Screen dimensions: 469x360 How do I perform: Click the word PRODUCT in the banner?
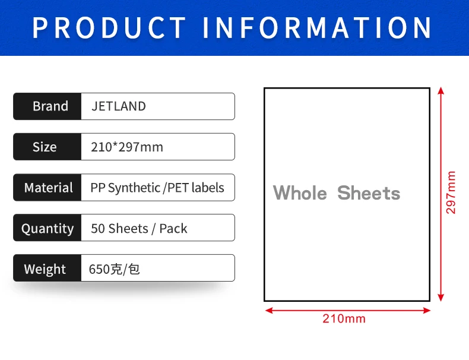click(x=109, y=27)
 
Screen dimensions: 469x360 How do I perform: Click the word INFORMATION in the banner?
click(x=317, y=27)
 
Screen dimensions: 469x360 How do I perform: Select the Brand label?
click(x=50, y=106)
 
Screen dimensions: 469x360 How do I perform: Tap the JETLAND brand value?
click(x=119, y=106)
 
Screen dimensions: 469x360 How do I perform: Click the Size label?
click(x=45, y=147)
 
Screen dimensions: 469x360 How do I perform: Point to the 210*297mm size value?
click(x=127, y=147)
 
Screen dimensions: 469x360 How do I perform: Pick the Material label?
click(x=49, y=188)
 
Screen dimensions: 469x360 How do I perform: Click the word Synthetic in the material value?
click(x=134, y=188)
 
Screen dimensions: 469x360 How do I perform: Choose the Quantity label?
click(x=47, y=229)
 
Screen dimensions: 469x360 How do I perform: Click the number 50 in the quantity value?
click(x=98, y=229)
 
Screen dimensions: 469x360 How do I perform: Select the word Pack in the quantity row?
click(x=173, y=229)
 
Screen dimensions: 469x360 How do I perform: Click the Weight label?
click(x=45, y=269)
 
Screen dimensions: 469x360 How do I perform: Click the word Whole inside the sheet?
click(x=300, y=192)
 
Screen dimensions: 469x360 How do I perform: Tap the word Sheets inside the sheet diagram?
click(x=369, y=192)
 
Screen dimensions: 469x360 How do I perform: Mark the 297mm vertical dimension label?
click(x=451, y=192)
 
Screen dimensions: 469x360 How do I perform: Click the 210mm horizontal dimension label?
click(x=344, y=318)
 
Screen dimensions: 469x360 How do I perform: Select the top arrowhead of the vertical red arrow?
click(x=441, y=90)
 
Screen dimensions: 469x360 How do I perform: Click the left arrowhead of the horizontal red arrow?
click(x=269, y=310)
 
